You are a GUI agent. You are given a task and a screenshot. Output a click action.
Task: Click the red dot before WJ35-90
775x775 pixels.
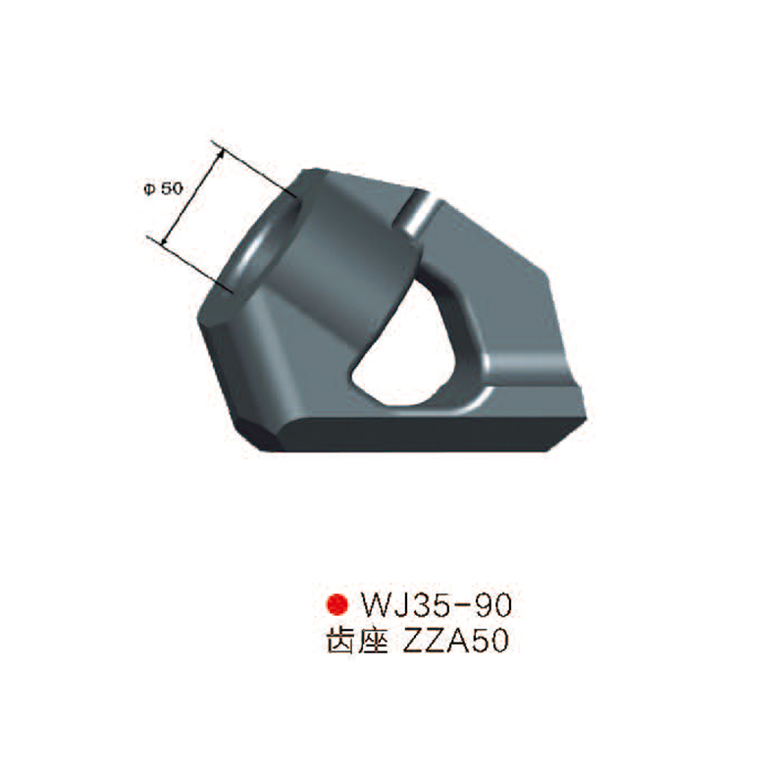coord(336,601)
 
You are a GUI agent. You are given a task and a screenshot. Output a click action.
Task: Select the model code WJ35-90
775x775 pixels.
coord(433,601)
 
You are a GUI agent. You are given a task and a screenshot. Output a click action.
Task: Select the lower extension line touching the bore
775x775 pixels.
coord(191,266)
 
